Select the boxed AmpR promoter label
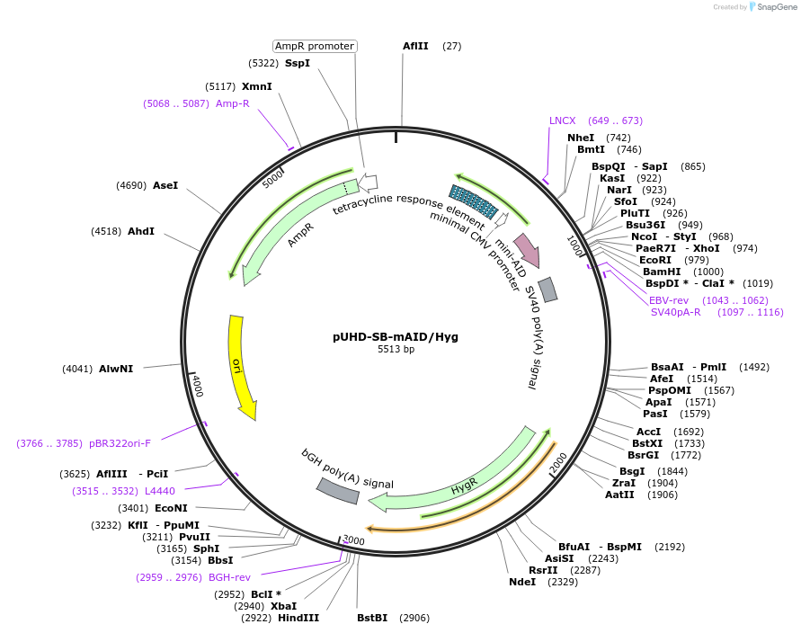[x=315, y=46]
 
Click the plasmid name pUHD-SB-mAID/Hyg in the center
[x=396, y=337]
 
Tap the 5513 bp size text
[x=396, y=350]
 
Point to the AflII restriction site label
[x=415, y=46]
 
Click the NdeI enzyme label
[x=521, y=582]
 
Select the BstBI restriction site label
[x=372, y=618]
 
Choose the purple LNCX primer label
[x=563, y=120]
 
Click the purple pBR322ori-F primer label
[x=120, y=443]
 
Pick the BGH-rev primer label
[x=229, y=577]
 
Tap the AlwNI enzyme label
[x=116, y=369]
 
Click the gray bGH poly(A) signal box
[x=338, y=489]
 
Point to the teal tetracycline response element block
[x=474, y=201]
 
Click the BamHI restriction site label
[x=663, y=271]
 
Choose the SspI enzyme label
[x=298, y=63]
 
